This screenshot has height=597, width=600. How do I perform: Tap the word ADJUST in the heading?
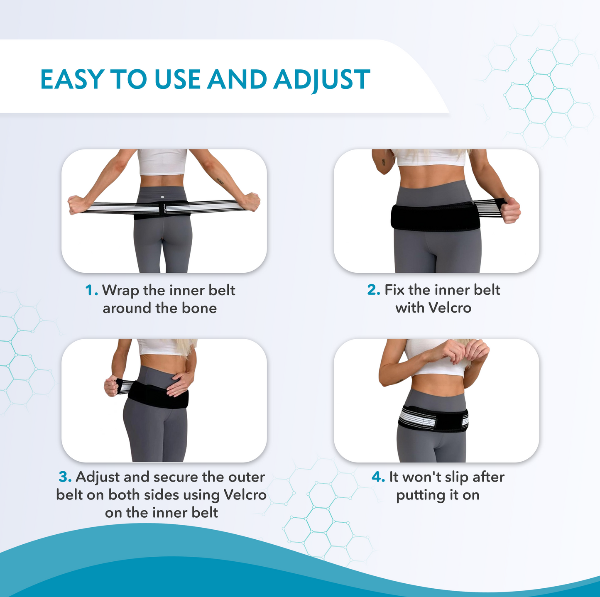coord(322,79)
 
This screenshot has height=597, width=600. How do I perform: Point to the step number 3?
coord(65,477)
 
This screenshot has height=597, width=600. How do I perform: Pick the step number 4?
coord(378,477)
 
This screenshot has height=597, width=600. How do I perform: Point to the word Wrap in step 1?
coord(120,290)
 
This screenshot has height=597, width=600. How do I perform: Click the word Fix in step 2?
coord(394,290)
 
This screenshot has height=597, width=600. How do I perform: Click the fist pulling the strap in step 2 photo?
coord(511,210)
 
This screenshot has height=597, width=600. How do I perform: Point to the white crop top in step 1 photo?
coord(162,162)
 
